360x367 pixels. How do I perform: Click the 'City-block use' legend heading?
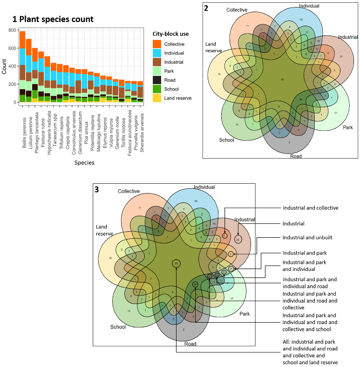coord(171,34)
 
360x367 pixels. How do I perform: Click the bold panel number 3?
coord(97,190)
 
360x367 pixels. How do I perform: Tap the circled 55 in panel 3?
coord(176,263)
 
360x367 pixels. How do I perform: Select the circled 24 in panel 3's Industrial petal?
coord(238,239)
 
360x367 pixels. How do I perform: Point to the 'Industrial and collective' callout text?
coord(310,208)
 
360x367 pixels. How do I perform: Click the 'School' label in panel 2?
coord(227,139)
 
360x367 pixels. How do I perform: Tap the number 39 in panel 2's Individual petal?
coord(301,20)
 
